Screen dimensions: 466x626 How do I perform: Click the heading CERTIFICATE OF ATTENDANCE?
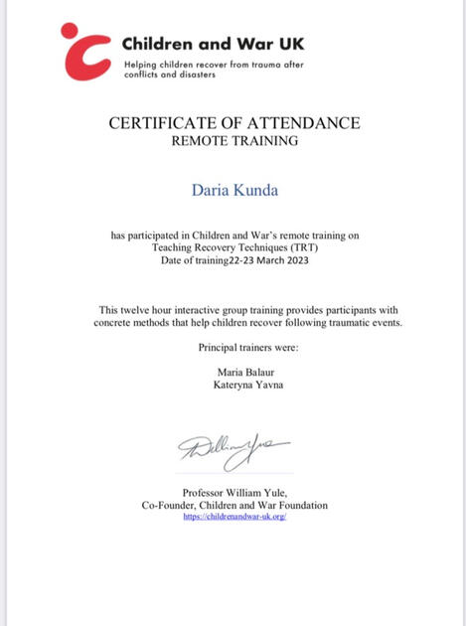[x=234, y=123]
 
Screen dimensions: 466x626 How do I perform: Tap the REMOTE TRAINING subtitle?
[x=234, y=142]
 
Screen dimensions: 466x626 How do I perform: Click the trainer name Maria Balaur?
[x=234, y=371]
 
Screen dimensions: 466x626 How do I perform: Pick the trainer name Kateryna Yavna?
[x=234, y=384]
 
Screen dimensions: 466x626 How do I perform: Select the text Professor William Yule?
[x=234, y=494]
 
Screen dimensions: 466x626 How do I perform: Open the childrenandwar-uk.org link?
[x=234, y=517]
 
